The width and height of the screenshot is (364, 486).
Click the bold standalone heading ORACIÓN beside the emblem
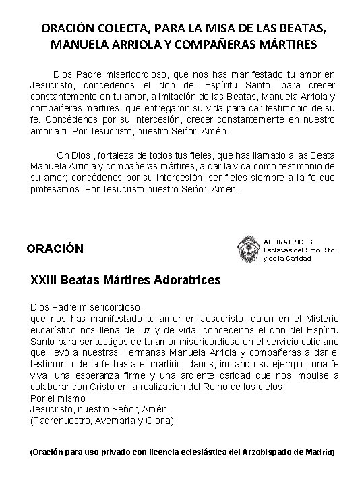(x=55, y=248)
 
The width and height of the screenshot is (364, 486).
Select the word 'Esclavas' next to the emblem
(x=278, y=250)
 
